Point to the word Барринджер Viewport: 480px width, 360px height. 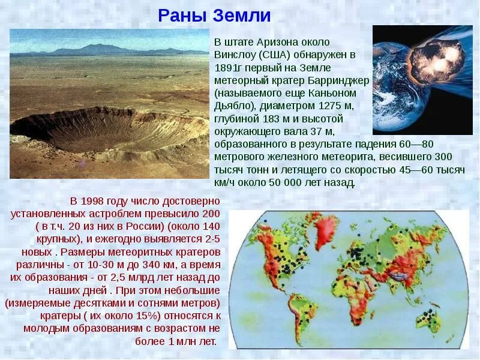pyautogui.click(x=338, y=80)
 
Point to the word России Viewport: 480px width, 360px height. pyautogui.click(x=141, y=226)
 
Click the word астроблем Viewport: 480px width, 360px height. pyautogui.click(x=116, y=214)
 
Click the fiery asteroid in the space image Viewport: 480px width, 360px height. pyautogui.click(x=436, y=59)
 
